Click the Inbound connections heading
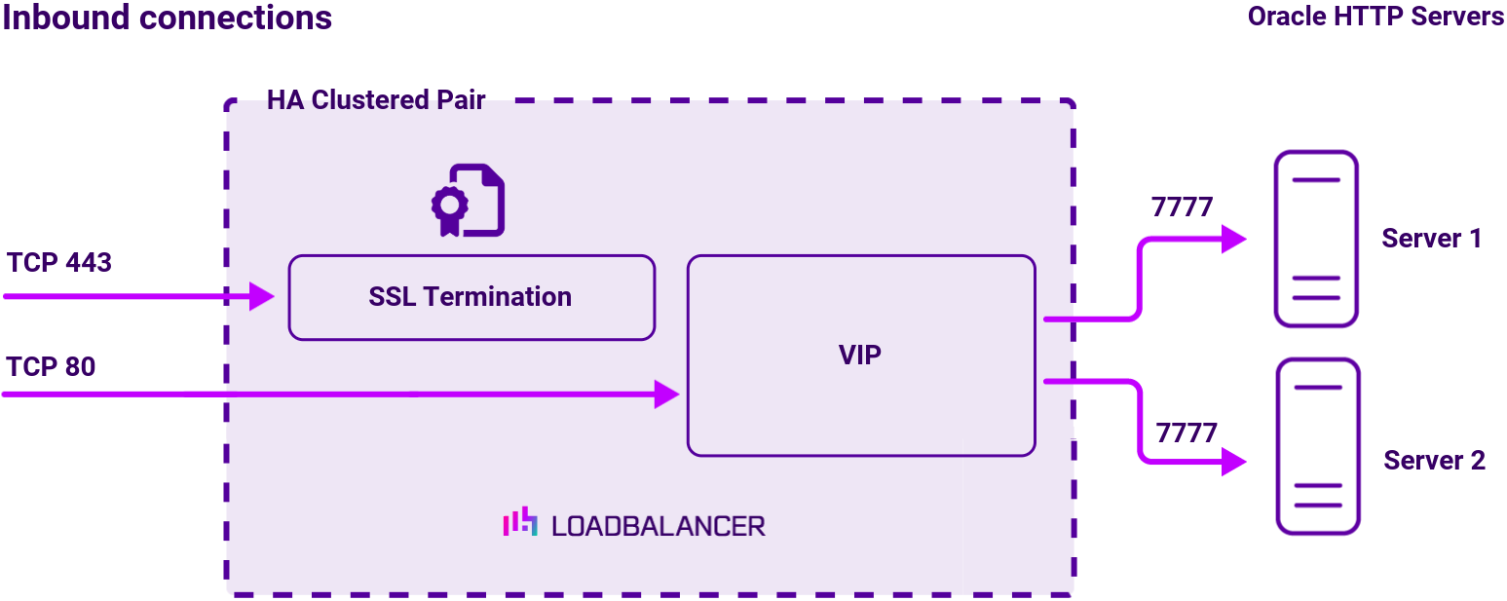[167, 18]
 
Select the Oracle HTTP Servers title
[1375, 17]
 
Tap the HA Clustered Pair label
[375, 100]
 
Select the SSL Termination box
[471, 297]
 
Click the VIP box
[860, 356]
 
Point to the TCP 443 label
[58, 263]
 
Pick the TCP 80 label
[51, 367]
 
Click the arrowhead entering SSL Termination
[262, 296]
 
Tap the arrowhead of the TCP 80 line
[666, 394]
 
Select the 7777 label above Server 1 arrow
[1182, 207]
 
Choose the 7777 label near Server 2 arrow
[1187, 432]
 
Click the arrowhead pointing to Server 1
[1234, 239]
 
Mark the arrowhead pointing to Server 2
[1234, 462]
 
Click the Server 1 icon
[1315, 239]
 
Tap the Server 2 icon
[1318, 446]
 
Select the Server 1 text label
[1431, 239]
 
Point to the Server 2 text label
[1434, 461]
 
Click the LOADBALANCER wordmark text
[659, 526]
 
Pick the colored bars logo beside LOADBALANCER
[519, 522]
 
